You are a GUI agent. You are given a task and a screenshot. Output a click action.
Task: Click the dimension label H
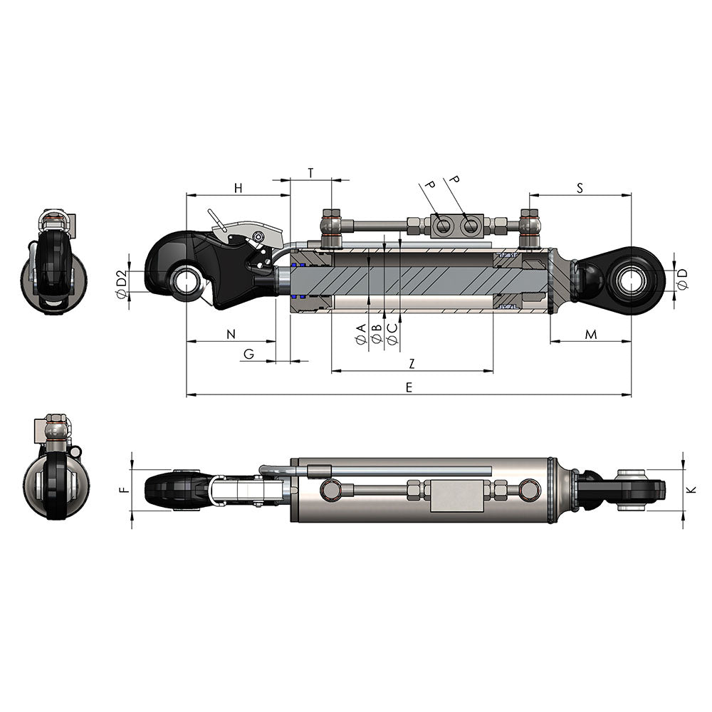(239, 188)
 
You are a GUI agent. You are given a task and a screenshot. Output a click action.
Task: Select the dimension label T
(310, 173)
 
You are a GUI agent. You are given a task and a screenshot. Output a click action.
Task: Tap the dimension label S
(580, 188)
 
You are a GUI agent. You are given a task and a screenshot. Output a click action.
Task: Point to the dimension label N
(230, 334)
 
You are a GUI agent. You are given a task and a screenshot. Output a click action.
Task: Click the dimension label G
(248, 354)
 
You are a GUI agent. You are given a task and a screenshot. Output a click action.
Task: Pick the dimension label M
(591, 334)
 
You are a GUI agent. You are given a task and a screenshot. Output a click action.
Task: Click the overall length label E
(409, 387)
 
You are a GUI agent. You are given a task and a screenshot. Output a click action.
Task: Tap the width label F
(122, 490)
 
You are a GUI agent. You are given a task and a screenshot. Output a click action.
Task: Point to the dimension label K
(692, 490)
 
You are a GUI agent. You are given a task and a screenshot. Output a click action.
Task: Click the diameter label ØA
(361, 335)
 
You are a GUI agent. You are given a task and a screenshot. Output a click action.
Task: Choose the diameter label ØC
(392, 335)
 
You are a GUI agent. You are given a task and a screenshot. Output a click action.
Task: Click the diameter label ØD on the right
(682, 278)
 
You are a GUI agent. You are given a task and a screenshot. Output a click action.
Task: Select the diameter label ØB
(377, 335)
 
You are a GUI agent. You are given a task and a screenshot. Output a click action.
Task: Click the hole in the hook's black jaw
(187, 280)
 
